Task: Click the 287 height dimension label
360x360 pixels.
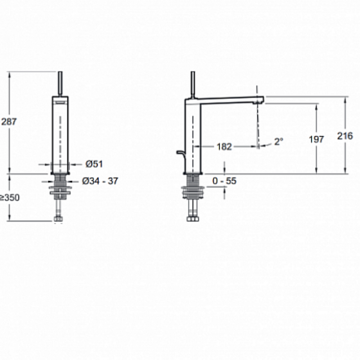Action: pyautogui.click(x=9, y=121)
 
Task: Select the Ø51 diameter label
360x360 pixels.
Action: pyautogui.click(x=94, y=164)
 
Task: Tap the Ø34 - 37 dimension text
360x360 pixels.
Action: pyautogui.click(x=100, y=181)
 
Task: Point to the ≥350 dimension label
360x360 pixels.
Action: pyautogui.click(x=9, y=198)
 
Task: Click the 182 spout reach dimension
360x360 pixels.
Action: pyautogui.click(x=224, y=147)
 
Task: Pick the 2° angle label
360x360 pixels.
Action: pyautogui.click(x=279, y=141)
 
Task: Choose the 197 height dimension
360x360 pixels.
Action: pyautogui.click(x=316, y=139)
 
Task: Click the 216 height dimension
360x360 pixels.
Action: pyautogui.click(x=345, y=136)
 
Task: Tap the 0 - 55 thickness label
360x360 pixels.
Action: pyautogui.click(x=224, y=181)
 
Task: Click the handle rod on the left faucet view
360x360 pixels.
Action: pyautogui.click(x=60, y=84)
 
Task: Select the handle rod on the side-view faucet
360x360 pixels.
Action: pyautogui.click(x=193, y=85)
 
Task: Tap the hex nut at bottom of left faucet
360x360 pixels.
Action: pyautogui.click(x=58, y=219)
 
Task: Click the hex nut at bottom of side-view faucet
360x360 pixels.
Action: pyautogui.click(x=193, y=219)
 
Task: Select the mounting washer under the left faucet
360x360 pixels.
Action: pyautogui.click(x=60, y=190)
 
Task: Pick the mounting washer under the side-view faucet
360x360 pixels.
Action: pyautogui.click(x=193, y=190)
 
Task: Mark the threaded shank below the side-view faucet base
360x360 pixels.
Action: pyautogui.click(x=193, y=180)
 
